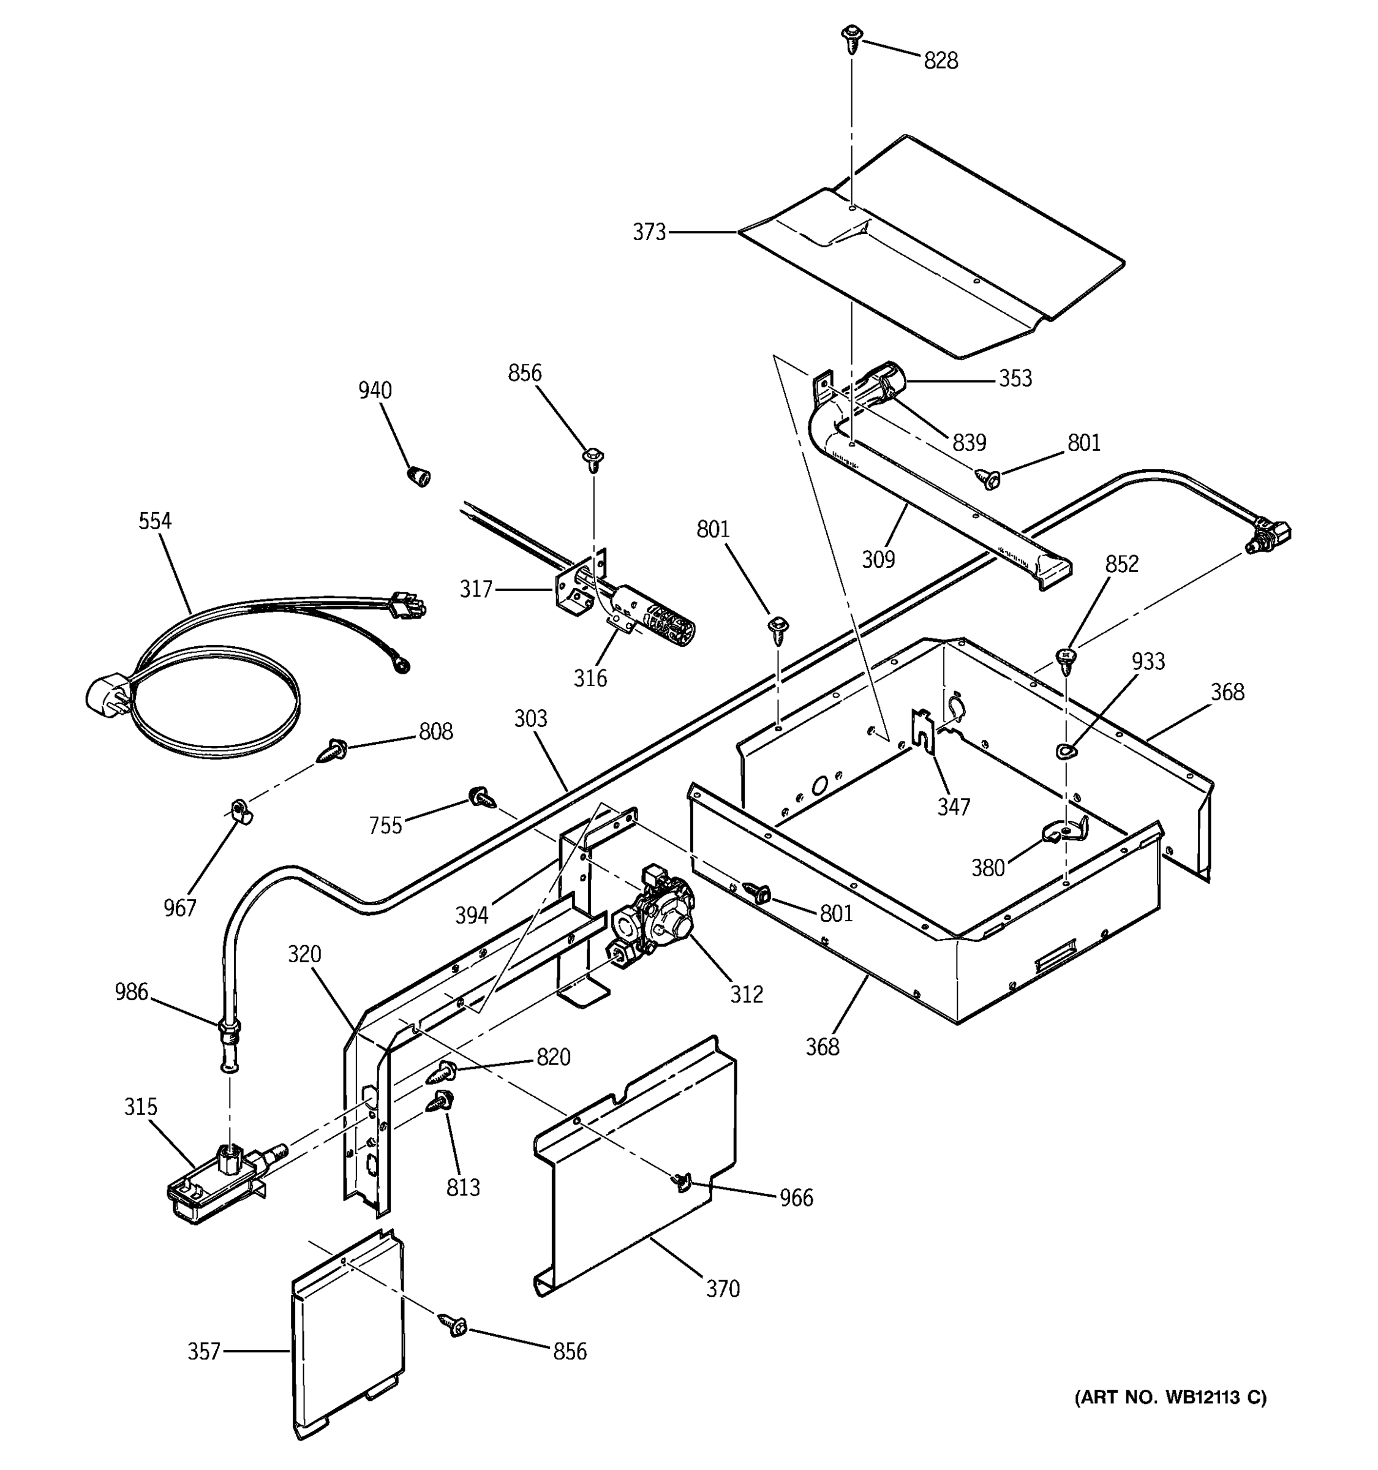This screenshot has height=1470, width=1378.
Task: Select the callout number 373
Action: pos(649,232)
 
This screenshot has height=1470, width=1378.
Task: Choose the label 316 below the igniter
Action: pos(590,678)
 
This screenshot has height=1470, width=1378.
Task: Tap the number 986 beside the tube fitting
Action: pos(131,992)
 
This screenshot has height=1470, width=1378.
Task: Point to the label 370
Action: pos(722,1289)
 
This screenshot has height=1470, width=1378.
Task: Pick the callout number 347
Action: pos(953,807)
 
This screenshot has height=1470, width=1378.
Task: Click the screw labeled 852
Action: pos(1065,659)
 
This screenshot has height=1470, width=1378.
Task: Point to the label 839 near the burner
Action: pos(968,443)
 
